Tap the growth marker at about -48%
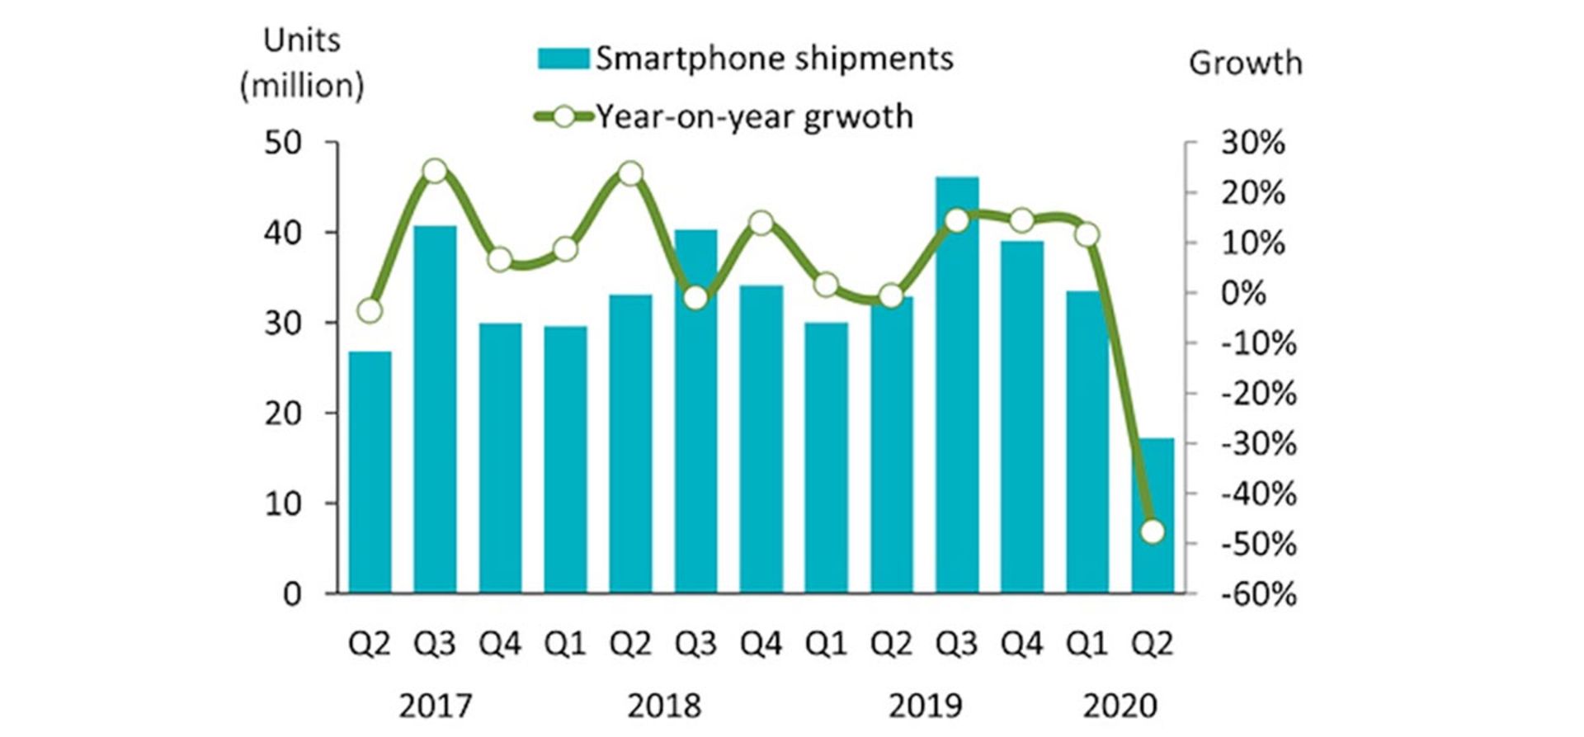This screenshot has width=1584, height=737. pyautogui.click(x=1153, y=531)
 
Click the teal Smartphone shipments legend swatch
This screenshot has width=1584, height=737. pyautogui.click(x=563, y=59)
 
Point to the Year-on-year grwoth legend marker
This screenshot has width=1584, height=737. pyautogui.click(x=564, y=117)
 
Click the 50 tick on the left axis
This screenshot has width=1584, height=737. pyautogui.click(x=283, y=143)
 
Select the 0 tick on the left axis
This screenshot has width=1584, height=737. pyautogui.click(x=292, y=594)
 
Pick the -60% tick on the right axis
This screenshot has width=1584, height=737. pyautogui.click(x=1258, y=594)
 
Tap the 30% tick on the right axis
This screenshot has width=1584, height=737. pyautogui.click(x=1252, y=143)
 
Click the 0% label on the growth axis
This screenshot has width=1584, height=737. pyautogui.click(x=1242, y=293)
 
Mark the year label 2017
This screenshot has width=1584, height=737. pyautogui.click(x=435, y=706)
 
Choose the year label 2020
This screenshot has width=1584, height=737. pyautogui.click(x=1120, y=706)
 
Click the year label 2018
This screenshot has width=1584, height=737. pyautogui.click(x=663, y=706)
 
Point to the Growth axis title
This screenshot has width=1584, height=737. pyautogui.click(x=1245, y=64)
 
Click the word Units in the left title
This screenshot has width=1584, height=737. pyautogui.click(x=301, y=40)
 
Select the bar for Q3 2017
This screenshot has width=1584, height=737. pyautogui.click(x=435, y=409)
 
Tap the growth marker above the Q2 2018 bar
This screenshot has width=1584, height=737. pyautogui.click(x=630, y=174)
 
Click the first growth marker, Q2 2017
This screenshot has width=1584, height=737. pyautogui.click(x=370, y=310)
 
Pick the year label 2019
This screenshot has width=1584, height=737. pyautogui.click(x=925, y=706)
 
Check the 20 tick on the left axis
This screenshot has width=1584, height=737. pyautogui.click(x=283, y=413)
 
